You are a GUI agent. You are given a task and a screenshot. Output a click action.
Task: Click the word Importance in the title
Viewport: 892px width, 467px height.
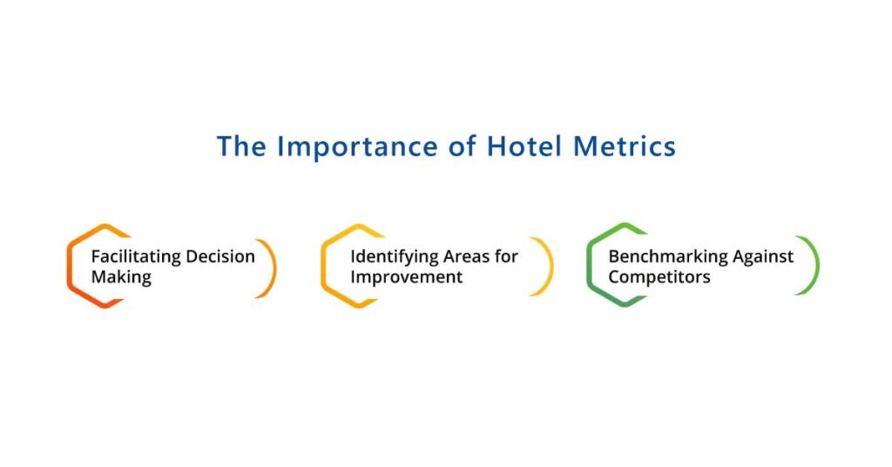tap(357, 147)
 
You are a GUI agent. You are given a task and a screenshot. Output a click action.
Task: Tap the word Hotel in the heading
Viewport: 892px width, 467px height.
tap(524, 146)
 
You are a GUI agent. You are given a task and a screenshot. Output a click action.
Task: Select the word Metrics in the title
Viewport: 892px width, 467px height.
tap(625, 146)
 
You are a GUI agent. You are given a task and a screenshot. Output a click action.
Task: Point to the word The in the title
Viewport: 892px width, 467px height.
tap(241, 146)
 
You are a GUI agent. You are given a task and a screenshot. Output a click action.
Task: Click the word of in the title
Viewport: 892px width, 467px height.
tap(463, 146)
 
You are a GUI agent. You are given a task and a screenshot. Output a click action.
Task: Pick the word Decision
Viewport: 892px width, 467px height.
tap(220, 256)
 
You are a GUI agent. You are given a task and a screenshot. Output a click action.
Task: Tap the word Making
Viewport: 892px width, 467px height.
tap(121, 278)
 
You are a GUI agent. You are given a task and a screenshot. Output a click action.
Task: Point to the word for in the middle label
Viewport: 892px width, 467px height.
tap(506, 256)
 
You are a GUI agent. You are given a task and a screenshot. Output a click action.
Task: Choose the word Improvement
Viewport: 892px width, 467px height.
tap(407, 278)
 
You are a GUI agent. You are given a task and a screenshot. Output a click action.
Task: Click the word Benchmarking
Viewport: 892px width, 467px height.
tap(667, 257)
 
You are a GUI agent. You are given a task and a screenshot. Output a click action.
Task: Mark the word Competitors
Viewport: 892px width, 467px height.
tap(659, 277)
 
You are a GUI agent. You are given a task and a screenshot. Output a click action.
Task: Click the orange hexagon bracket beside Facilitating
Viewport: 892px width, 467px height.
tap(69, 267)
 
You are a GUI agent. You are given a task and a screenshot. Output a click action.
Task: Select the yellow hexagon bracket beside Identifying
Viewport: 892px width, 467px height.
tap(323, 267)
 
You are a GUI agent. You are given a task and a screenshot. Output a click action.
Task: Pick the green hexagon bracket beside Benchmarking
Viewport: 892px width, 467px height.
tap(589, 265)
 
